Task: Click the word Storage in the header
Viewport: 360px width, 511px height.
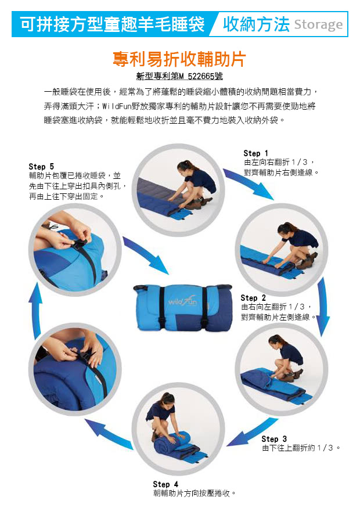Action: pyautogui.click(x=318, y=24)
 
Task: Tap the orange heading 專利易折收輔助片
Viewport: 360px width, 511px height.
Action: pyautogui.click(x=179, y=59)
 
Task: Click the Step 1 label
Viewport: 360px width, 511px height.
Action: pyautogui.click(x=255, y=153)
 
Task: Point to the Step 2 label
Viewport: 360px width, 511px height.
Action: pyautogui.click(x=253, y=298)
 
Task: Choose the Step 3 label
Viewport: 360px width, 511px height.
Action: pyautogui.click(x=274, y=439)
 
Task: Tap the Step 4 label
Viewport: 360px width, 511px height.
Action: pyautogui.click(x=165, y=484)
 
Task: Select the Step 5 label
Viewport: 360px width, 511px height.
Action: pyautogui.click(x=41, y=167)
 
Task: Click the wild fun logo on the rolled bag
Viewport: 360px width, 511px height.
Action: pyautogui.click(x=182, y=302)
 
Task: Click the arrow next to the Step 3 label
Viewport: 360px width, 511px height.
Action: pyautogui.click(x=253, y=433)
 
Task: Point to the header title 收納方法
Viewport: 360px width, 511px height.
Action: pyautogui.click(x=256, y=24)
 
